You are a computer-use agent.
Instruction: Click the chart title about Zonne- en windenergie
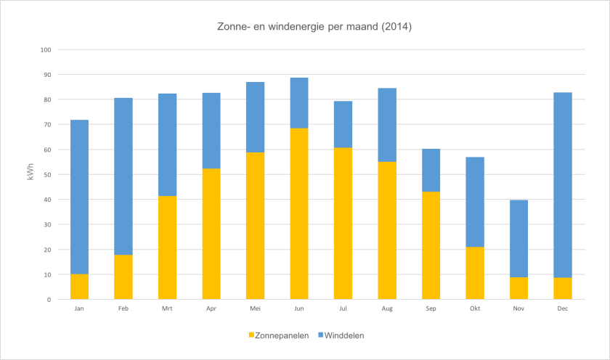(314, 27)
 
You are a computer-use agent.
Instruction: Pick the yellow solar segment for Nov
(518, 288)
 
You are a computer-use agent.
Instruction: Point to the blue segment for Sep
(431, 170)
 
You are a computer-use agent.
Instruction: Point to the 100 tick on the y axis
(46, 50)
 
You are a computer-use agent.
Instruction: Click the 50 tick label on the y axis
(47, 175)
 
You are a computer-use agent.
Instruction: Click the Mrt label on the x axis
(167, 308)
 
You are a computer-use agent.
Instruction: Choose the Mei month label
(255, 308)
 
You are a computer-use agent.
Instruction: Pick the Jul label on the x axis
(343, 308)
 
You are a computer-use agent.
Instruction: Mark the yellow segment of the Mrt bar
(167, 247)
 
